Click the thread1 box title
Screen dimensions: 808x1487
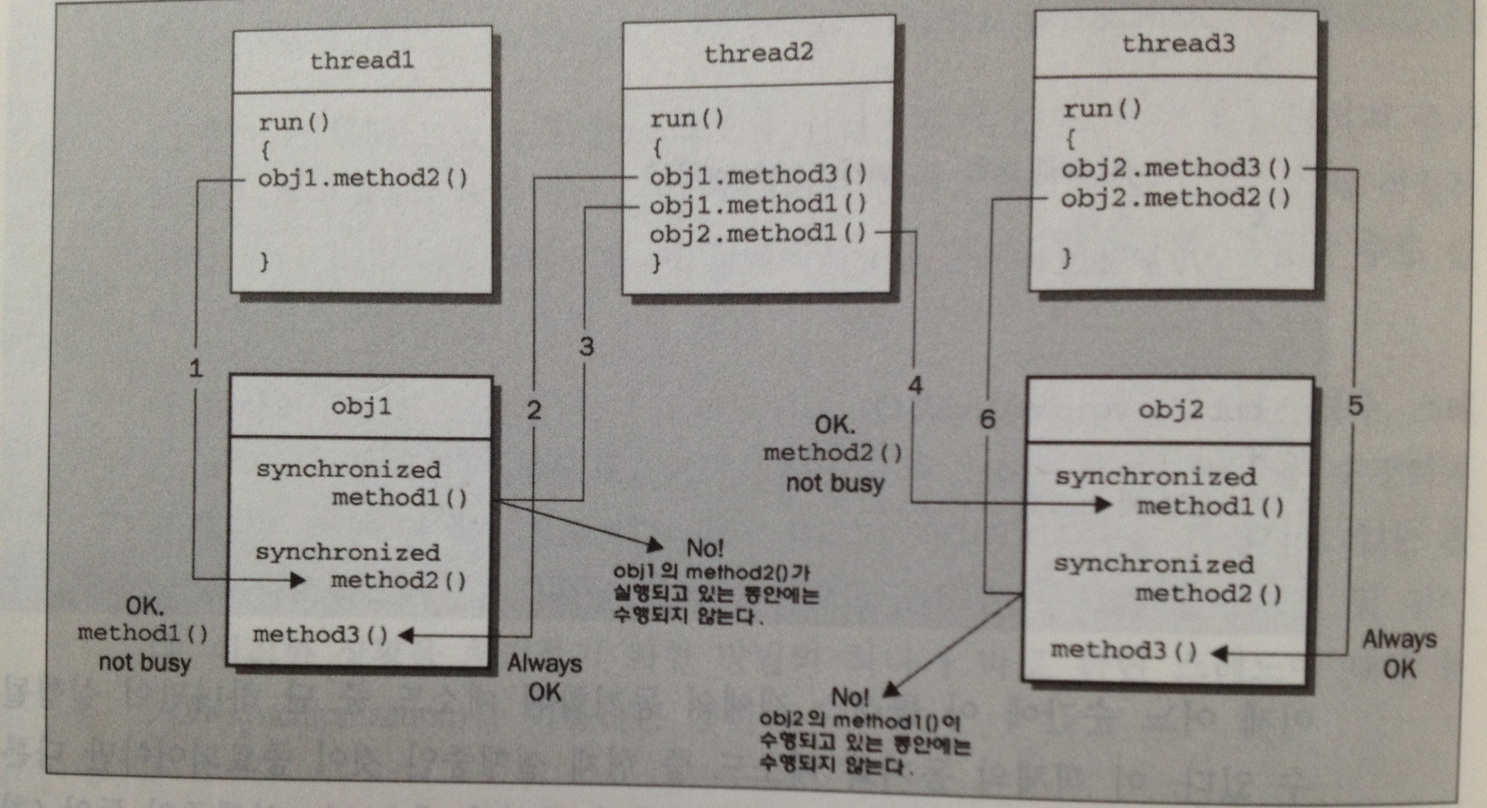362,60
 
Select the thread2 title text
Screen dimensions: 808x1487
758,52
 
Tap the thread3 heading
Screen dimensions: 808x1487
1178,44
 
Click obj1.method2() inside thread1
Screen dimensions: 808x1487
363,178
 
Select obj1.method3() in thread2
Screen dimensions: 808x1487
758,176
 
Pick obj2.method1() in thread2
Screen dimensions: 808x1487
758,234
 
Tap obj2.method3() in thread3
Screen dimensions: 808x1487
1176,168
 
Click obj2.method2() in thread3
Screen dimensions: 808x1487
1176,197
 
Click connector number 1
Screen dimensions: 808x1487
195,369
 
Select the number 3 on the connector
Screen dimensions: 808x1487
586,346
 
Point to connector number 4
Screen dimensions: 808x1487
915,385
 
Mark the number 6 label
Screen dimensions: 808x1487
987,419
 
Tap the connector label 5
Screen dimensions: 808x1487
1355,406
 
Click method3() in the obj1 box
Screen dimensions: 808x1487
320,635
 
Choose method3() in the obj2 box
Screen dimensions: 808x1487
1123,650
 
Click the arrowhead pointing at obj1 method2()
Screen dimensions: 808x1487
297,580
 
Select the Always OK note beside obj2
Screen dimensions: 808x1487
1398,653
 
